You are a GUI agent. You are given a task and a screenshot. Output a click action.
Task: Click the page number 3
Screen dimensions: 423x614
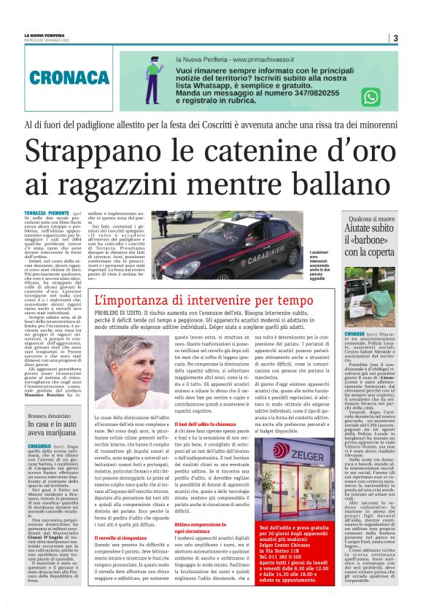[x=395, y=38]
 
